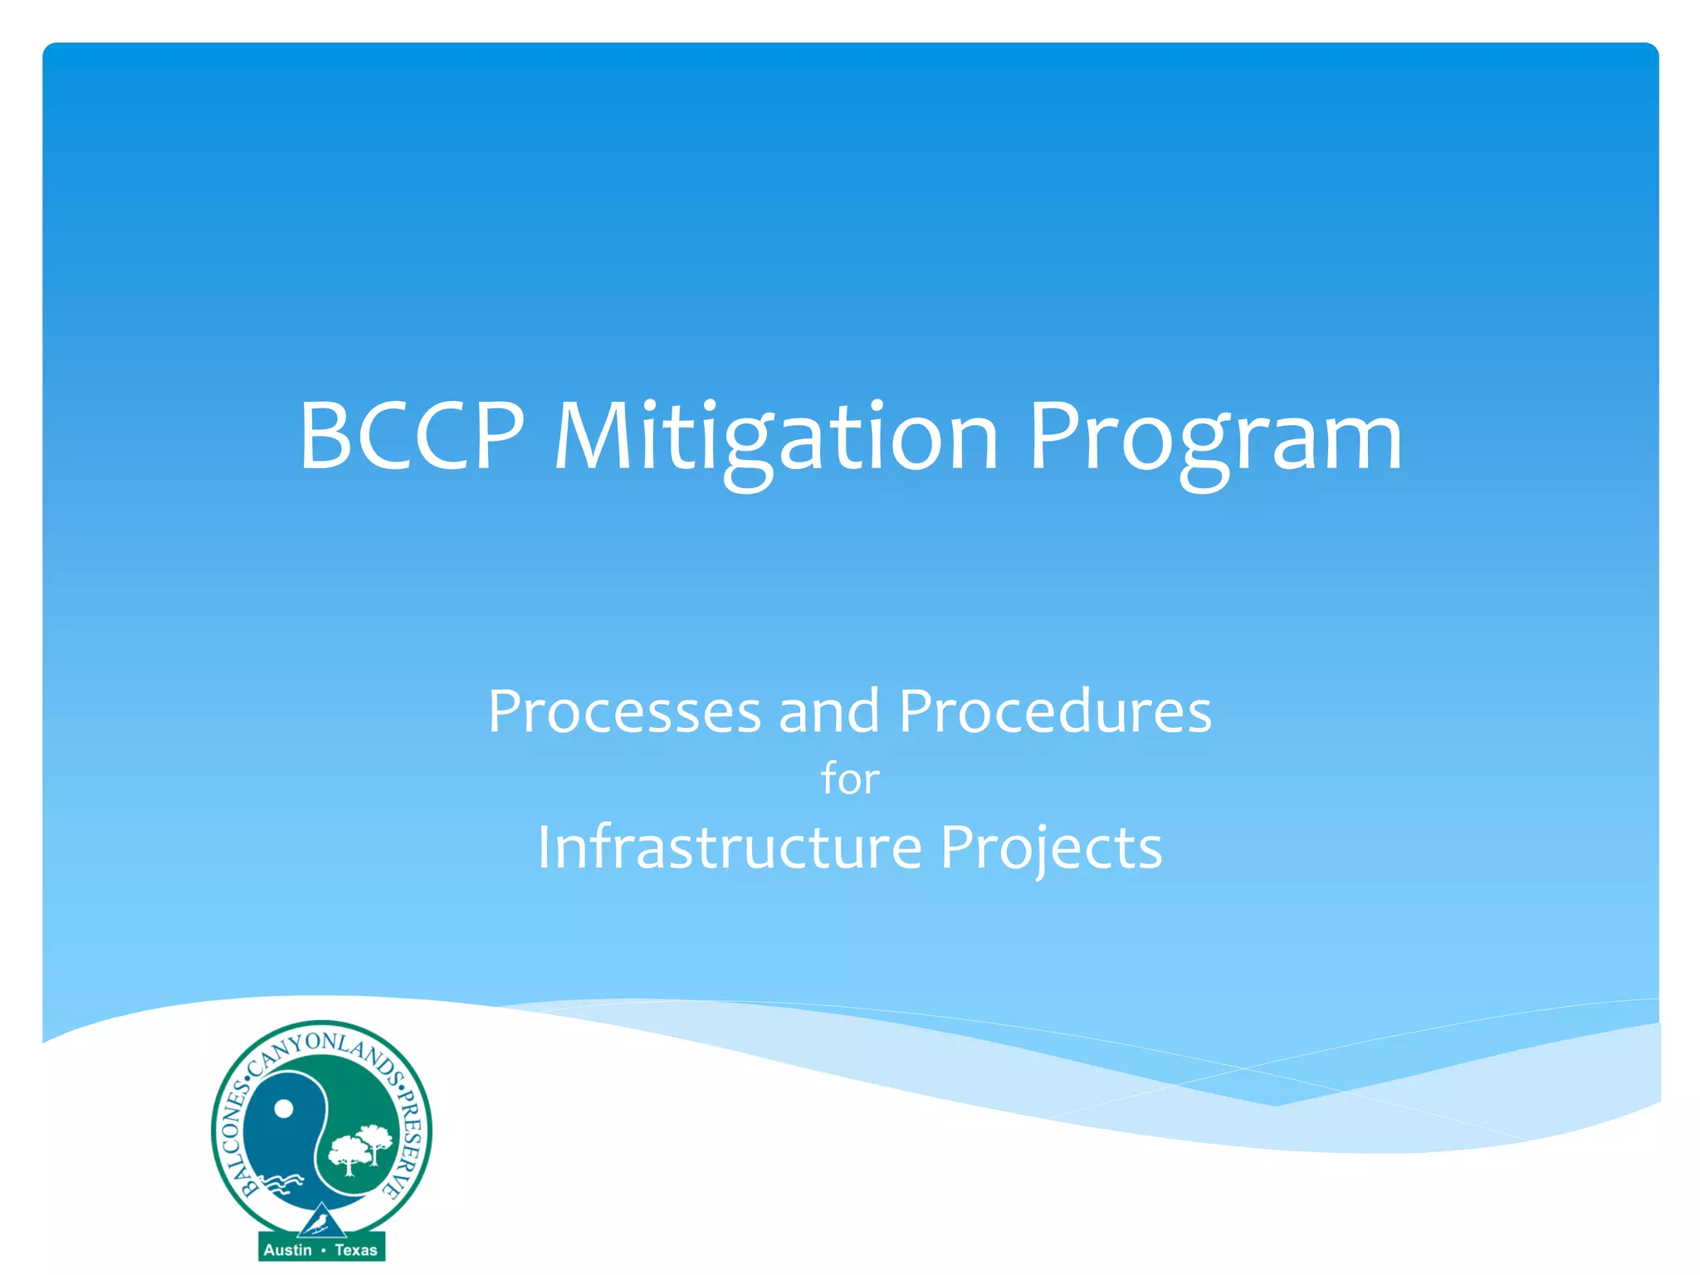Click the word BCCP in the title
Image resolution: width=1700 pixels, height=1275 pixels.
tap(412, 435)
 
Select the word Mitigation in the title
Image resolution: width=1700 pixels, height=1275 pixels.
tap(775, 437)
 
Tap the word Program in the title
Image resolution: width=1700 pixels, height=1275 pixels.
tap(1214, 437)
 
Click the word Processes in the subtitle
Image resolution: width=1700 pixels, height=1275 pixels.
tap(624, 711)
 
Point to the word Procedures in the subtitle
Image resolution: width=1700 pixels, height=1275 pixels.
tap(1055, 711)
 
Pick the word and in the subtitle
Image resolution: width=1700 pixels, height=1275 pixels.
tap(828, 711)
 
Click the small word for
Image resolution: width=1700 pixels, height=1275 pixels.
tap(850, 779)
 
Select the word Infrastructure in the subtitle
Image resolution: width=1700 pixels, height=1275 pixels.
tap(730, 848)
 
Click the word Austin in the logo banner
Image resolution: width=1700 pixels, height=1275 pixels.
tap(287, 1250)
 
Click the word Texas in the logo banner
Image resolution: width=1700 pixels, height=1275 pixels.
tap(356, 1250)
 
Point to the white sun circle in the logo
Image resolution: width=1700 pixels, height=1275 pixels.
tap(284, 1109)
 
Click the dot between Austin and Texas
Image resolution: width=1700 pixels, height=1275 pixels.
tap(323, 1250)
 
